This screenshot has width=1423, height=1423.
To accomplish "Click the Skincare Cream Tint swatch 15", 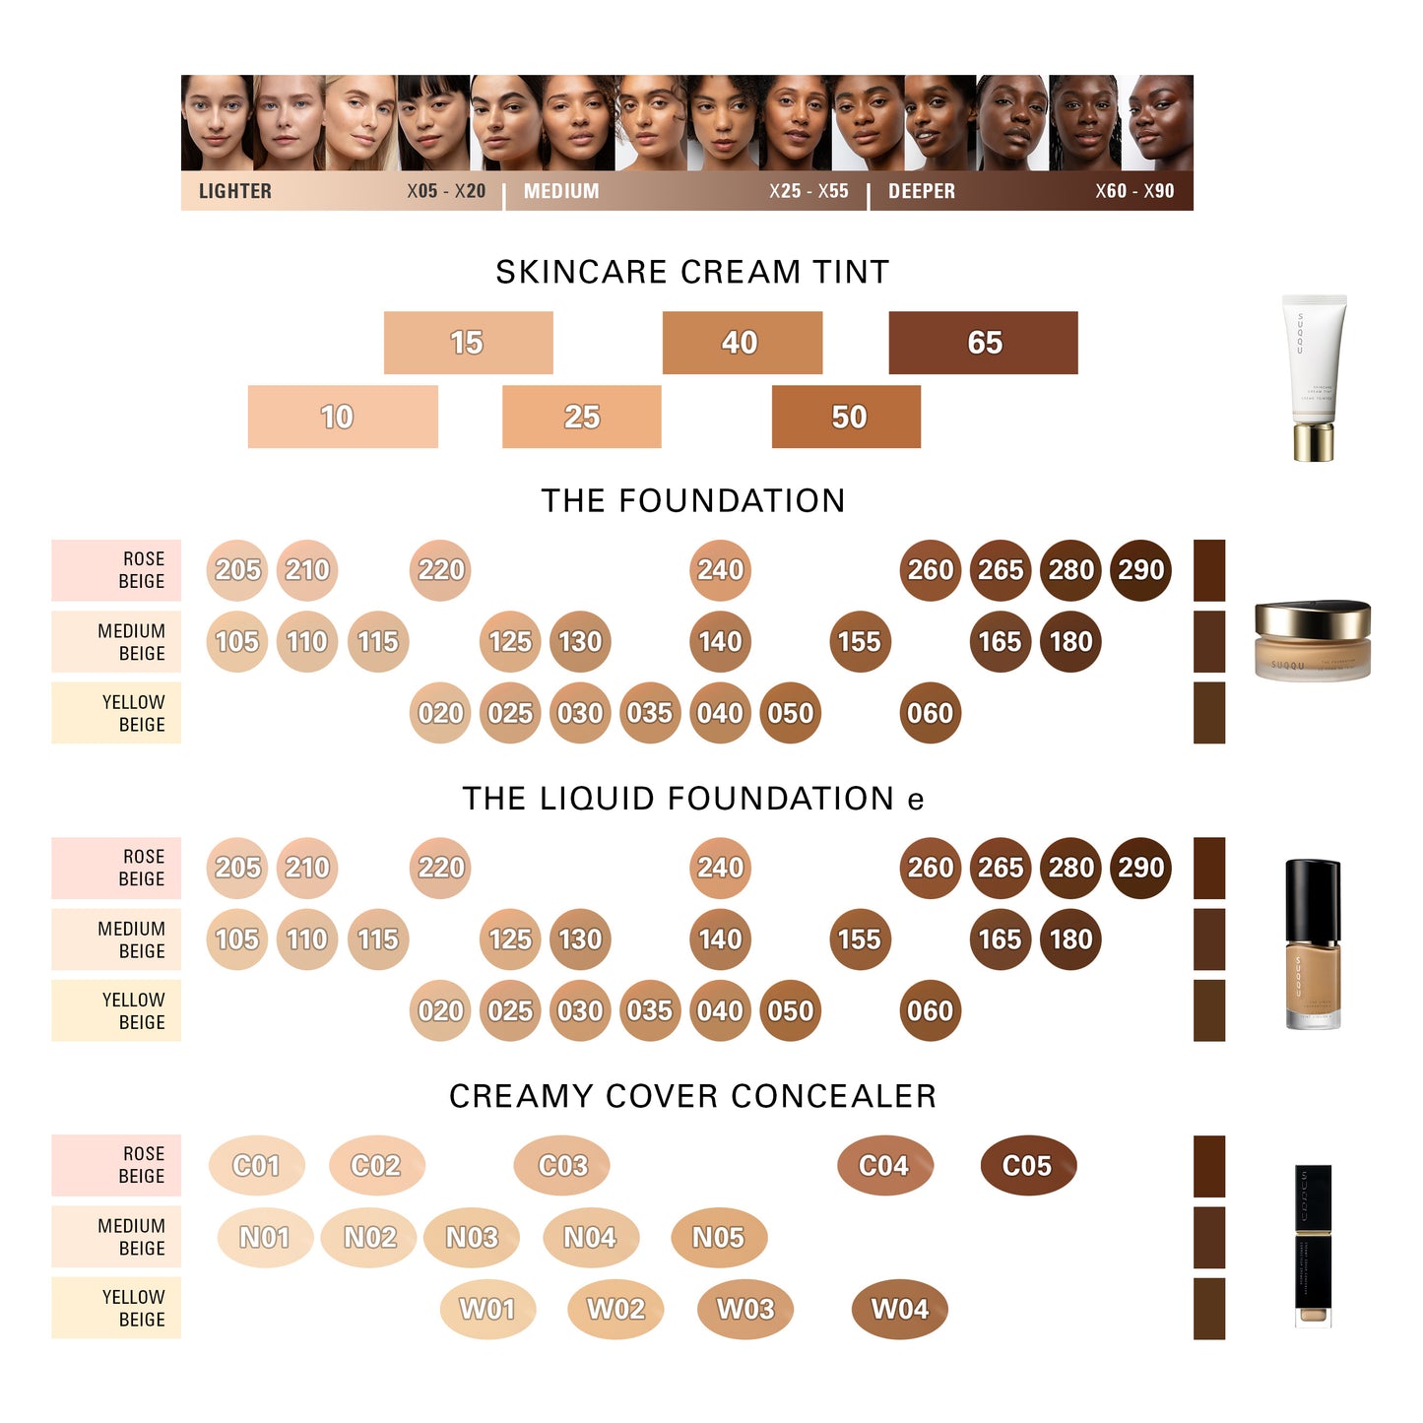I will click(x=468, y=343).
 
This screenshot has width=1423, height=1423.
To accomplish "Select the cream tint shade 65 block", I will click(x=983, y=343).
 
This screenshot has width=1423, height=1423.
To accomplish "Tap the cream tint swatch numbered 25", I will click(x=581, y=417).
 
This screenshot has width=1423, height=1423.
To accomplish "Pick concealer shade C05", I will click(x=1028, y=1166).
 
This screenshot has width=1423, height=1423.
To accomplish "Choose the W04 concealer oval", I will click(x=900, y=1310).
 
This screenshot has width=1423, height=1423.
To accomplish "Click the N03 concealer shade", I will click(x=472, y=1238).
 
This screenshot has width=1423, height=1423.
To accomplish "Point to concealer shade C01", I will click(x=256, y=1166).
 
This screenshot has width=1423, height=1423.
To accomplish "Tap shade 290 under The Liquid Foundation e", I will click(x=1140, y=868).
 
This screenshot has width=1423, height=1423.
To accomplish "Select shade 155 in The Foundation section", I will click(x=859, y=642).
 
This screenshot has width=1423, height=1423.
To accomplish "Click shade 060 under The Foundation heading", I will click(x=930, y=713).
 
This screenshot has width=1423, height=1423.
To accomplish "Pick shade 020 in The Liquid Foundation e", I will click(x=440, y=1011).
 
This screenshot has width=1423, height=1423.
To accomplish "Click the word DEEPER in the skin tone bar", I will click(x=921, y=191).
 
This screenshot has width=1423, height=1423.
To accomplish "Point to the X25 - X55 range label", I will click(x=809, y=191).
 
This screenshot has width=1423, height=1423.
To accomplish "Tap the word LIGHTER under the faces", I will click(x=234, y=191).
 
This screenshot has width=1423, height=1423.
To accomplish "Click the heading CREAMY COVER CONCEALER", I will click(x=692, y=1096).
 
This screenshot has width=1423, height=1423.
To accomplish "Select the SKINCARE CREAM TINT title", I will click(x=692, y=272).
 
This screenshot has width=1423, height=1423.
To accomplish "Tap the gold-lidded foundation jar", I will click(x=1313, y=640).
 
